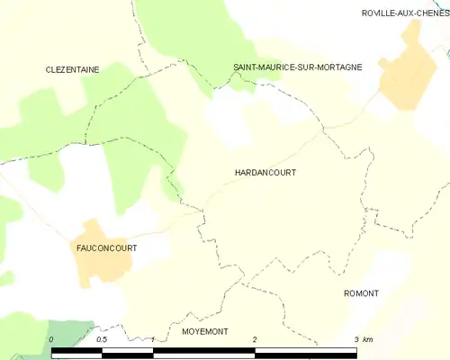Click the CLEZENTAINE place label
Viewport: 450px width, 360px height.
coord(73,68)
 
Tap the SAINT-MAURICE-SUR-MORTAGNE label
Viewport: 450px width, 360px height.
coord(297,67)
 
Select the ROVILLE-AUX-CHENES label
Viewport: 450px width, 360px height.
coord(405,13)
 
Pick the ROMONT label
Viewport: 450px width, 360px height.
coord(361,293)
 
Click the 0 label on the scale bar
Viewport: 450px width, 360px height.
coord(52,339)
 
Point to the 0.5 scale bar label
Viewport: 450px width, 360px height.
coord(102,339)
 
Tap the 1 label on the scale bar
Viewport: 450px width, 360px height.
coord(154,339)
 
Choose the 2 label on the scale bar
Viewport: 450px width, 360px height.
coord(256,339)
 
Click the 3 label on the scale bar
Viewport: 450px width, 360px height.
coord(356,339)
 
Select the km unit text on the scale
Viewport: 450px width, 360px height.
coord(368,339)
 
